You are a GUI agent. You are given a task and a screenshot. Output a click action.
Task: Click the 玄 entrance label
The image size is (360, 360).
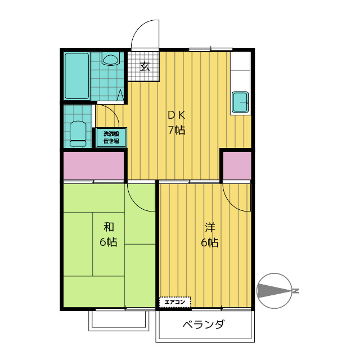[x=145, y=66]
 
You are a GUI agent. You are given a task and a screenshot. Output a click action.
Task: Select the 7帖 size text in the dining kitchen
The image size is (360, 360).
[x=176, y=130]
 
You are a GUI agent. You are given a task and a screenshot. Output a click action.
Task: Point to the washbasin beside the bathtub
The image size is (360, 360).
[x=111, y=59]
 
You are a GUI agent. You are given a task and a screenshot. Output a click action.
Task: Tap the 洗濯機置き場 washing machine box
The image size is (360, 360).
[x=112, y=138]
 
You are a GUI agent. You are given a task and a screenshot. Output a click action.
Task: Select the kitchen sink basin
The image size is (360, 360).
[x=241, y=102]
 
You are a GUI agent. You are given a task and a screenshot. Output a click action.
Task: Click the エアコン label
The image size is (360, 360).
[x=174, y=303]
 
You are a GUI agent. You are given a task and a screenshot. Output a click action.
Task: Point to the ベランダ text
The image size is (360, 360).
[x=204, y=325]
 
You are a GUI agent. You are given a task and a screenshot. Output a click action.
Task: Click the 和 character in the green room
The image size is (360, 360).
[x=109, y=227]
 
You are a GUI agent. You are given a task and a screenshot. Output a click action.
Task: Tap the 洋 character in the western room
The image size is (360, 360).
[x=210, y=228]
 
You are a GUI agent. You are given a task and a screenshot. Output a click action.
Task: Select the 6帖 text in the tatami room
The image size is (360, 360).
[x=109, y=242]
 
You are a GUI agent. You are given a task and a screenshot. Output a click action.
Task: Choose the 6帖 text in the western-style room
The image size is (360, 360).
[x=210, y=243]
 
